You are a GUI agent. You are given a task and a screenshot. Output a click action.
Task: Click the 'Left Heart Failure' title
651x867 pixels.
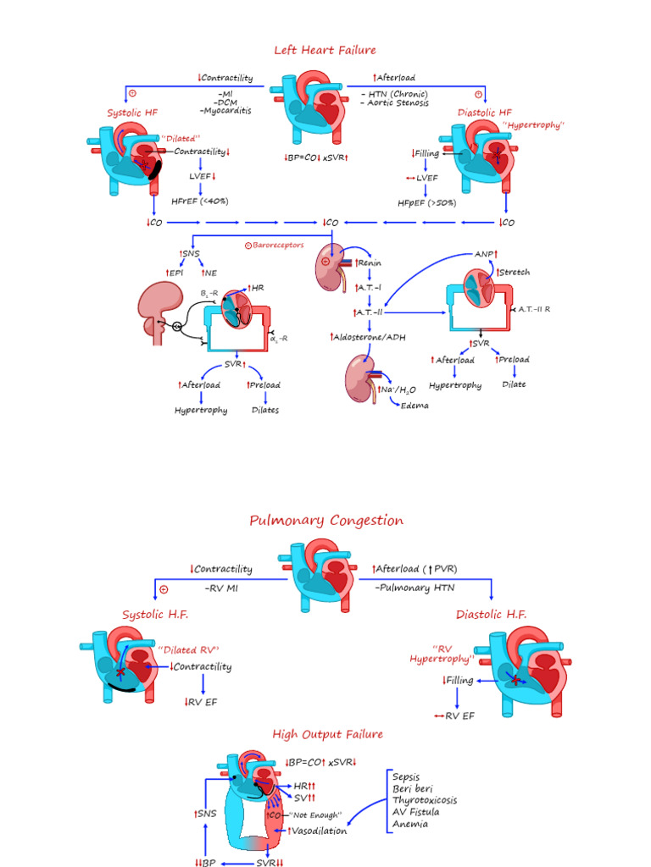click(325, 50)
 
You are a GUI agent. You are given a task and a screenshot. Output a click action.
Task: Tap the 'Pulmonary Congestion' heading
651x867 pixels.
click(326, 521)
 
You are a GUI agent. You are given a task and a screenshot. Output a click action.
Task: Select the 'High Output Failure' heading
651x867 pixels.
click(327, 734)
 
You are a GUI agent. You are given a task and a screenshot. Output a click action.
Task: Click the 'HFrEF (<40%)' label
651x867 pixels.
click(202, 201)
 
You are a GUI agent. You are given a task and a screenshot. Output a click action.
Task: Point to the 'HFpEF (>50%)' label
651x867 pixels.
click(427, 203)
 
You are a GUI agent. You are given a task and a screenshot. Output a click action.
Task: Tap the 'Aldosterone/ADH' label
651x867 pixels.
click(368, 337)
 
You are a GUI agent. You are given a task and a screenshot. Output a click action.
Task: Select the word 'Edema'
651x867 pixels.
click(415, 406)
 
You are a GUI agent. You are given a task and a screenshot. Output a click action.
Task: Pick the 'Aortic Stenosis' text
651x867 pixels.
click(398, 103)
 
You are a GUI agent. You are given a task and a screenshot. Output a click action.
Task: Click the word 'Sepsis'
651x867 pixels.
click(408, 776)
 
